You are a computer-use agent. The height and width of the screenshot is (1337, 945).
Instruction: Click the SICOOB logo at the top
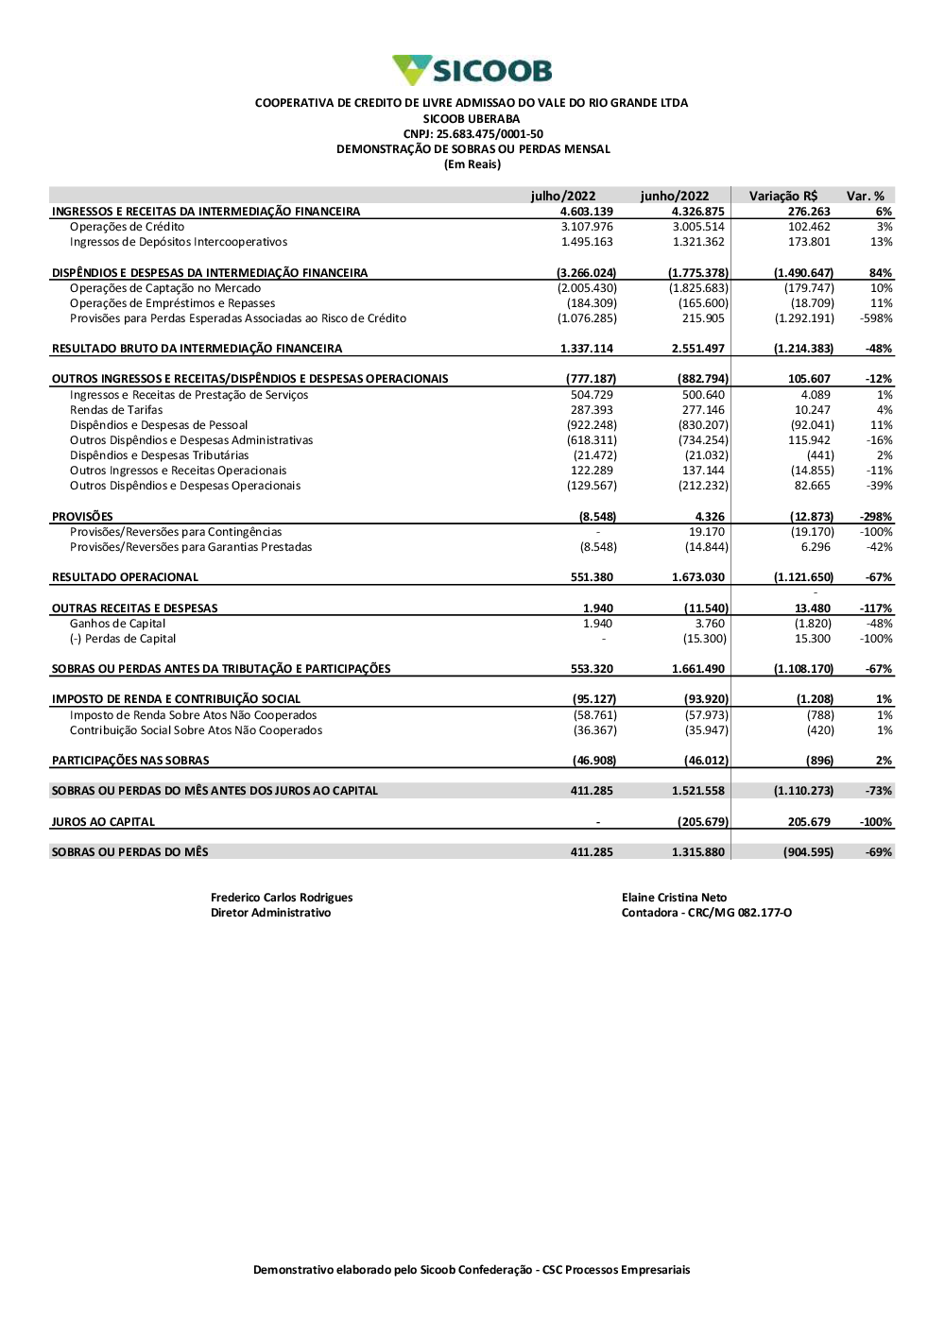[472, 70]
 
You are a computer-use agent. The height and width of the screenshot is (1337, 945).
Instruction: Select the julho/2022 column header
[563, 197]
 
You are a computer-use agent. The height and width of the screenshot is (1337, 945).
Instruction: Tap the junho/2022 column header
[674, 197]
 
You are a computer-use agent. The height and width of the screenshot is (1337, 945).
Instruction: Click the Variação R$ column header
[782, 197]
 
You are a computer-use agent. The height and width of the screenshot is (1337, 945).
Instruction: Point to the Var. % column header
[865, 197]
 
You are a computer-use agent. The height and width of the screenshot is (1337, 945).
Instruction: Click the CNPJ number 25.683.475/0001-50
[472, 134]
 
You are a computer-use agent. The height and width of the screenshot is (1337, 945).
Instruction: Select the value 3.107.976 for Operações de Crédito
[587, 227]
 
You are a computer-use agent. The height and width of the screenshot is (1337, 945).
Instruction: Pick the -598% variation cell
[877, 318]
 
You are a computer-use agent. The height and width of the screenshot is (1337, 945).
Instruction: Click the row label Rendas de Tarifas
[116, 410]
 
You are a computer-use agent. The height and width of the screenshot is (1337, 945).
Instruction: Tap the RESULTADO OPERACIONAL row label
[125, 577]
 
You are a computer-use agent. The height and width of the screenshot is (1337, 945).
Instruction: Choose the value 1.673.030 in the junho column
[698, 577]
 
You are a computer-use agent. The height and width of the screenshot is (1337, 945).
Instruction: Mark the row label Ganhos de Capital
[117, 624]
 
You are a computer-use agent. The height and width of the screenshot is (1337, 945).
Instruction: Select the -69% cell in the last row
[879, 852]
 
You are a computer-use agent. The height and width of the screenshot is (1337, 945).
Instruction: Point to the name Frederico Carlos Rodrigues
[282, 898]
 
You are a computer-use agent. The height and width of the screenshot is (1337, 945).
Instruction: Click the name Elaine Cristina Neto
[674, 898]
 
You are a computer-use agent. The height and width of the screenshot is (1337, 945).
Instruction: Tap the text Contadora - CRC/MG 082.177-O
[706, 913]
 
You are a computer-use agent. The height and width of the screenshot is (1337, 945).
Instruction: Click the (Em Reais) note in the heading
[472, 164]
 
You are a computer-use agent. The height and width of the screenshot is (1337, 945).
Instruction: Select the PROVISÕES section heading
[82, 517]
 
